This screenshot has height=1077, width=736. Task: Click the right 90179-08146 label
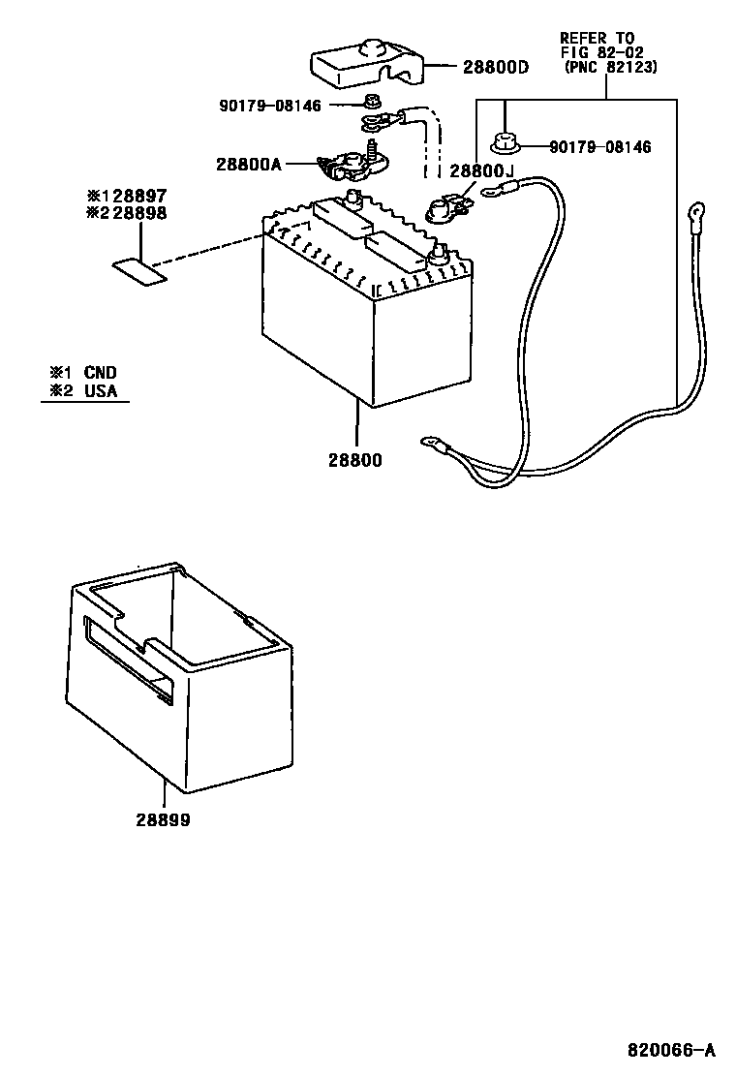pyautogui.click(x=599, y=147)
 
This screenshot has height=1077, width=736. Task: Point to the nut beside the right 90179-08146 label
pyautogui.click(x=504, y=144)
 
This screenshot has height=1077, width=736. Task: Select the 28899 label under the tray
pyautogui.click(x=163, y=819)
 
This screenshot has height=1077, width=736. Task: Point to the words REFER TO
pyautogui.click(x=597, y=38)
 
